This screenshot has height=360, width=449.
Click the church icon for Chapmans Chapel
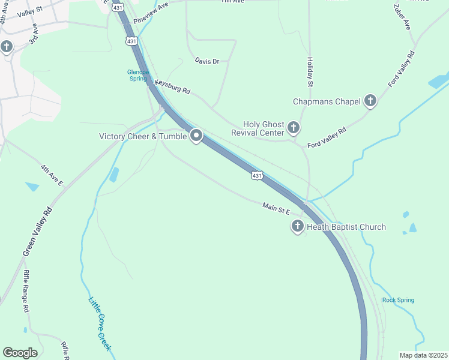point(370,101)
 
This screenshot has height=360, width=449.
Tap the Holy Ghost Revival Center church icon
point(294,127)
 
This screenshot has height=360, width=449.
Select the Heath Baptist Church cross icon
point(297,227)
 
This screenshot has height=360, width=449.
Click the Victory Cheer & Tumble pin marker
point(196,136)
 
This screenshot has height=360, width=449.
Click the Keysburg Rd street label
point(172,87)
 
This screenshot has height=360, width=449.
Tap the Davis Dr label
point(207,61)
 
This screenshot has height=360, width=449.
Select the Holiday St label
point(310,72)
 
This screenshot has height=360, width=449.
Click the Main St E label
point(276,208)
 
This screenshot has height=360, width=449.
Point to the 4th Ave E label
point(52,175)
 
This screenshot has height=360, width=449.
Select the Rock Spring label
point(398,300)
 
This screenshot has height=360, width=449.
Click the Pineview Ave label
point(151,13)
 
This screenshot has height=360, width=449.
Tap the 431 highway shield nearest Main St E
point(257,175)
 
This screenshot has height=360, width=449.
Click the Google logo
point(20,352)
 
